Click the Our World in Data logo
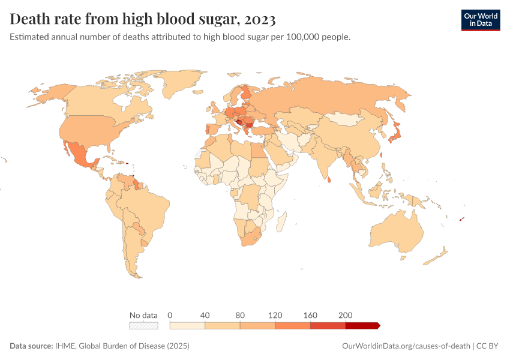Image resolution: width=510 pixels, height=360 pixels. coord(480,20)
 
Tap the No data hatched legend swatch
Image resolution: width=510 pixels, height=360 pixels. coord(143,325)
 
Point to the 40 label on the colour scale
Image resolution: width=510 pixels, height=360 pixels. coord(205,315)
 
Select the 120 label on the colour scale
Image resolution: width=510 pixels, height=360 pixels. coord(275,315)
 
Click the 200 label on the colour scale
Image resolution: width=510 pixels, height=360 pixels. coord(346,315)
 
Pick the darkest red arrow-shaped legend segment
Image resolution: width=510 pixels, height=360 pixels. coord(362,325)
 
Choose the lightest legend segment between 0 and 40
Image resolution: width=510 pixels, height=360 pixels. coord(188,325)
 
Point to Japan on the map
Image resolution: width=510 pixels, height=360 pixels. coord(396,133)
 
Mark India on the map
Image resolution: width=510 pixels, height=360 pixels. coord(328,157)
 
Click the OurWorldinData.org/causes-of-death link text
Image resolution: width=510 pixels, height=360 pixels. coord(405,346)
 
